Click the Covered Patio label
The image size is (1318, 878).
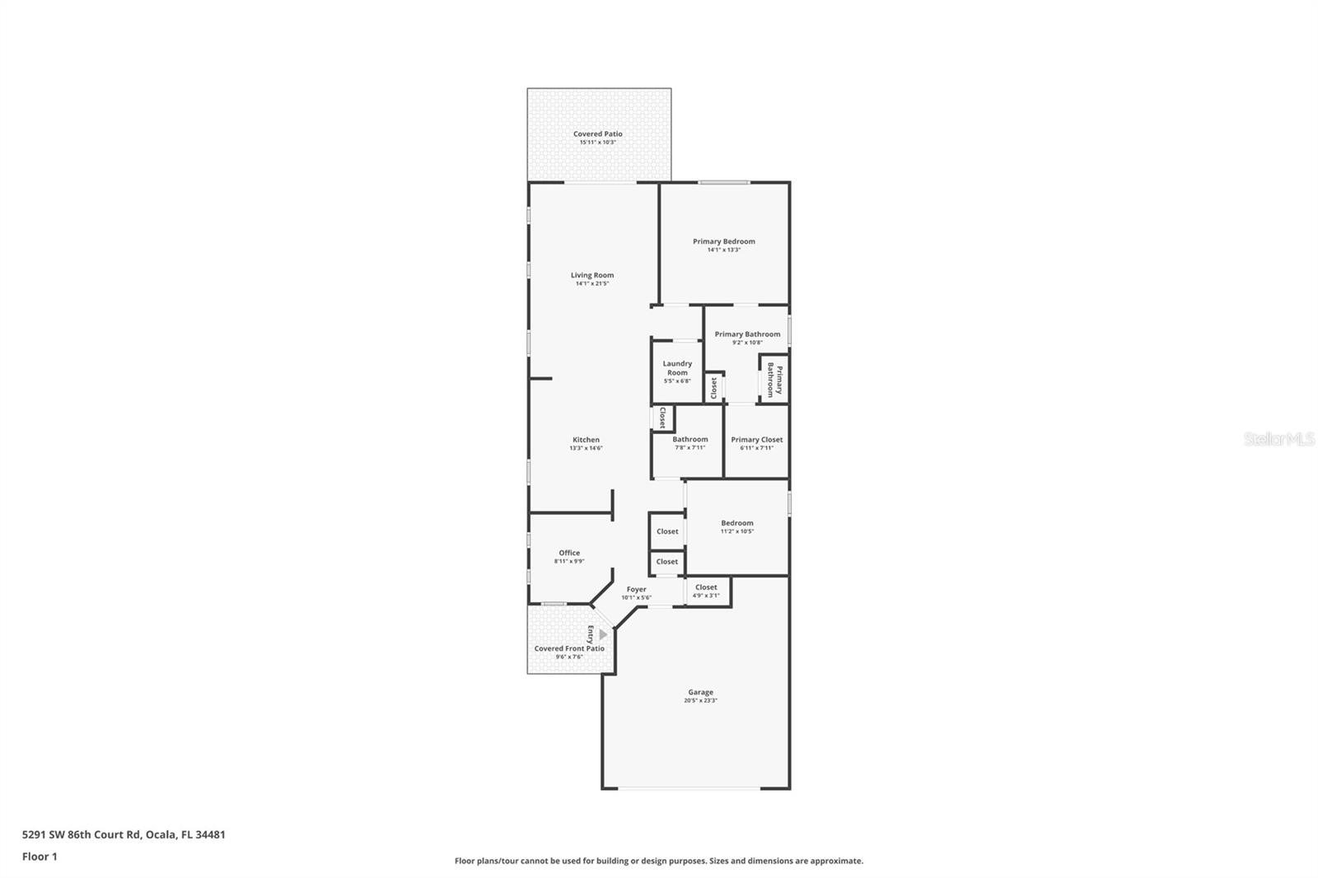click(x=598, y=133)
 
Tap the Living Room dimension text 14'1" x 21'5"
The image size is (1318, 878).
click(x=591, y=284)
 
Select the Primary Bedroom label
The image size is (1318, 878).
click(x=723, y=241)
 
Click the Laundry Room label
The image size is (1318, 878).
click(x=677, y=368)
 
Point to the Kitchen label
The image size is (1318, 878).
click(x=586, y=440)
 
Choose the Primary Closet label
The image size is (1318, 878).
click(x=756, y=440)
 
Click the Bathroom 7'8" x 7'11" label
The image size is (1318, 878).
click(x=689, y=440)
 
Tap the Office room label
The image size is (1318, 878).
click(x=569, y=553)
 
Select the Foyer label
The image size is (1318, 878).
click(x=636, y=589)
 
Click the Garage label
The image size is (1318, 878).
click(x=700, y=692)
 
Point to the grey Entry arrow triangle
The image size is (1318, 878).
click(x=603, y=635)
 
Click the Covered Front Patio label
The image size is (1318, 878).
click(x=568, y=648)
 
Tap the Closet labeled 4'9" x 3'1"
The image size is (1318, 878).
click(x=706, y=587)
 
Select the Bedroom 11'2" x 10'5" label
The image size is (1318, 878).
click(x=736, y=523)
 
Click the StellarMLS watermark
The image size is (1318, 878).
click(x=1278, y=440)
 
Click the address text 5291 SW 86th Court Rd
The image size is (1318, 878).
click(x=124, y=834)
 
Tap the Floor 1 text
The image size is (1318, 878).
click(x=40, y=857)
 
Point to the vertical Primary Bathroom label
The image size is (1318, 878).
click(x=774, y=381)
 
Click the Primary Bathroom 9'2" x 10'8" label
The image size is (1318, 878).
click(x=747, y=334)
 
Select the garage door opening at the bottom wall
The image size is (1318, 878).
click(x=690, y=788)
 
